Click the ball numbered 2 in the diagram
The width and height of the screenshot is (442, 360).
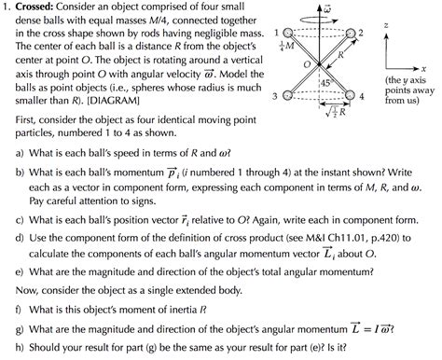point(351,34)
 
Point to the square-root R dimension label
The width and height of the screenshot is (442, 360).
point(334,112)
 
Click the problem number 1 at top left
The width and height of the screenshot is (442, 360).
point(6,7)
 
